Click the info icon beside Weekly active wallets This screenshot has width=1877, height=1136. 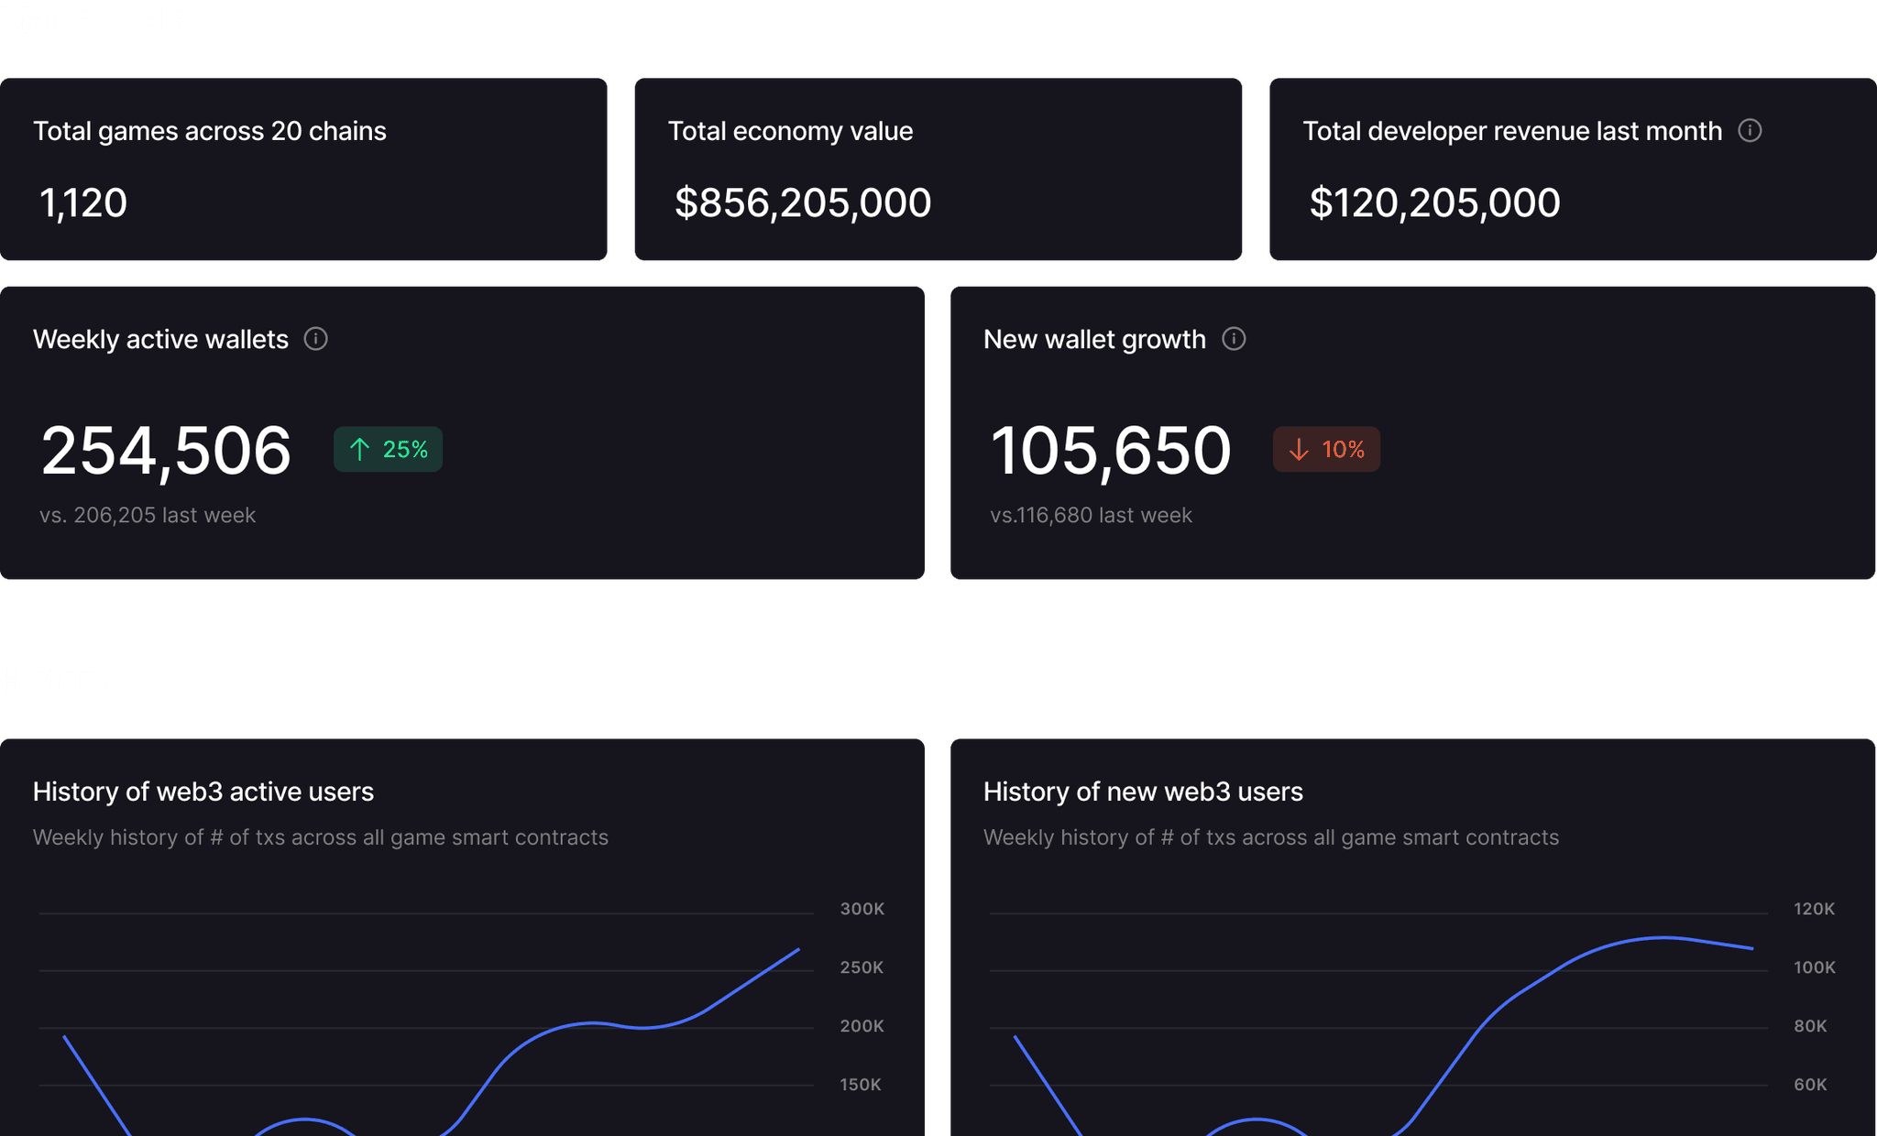pyautogui.click(x=316, y=339)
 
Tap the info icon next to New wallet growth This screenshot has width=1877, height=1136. pyautogui.click(x=1235, y=339)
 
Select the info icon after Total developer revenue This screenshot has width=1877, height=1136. pyautogui.click(x=1750, y=130)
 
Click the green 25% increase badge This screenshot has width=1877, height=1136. pyautogui.click(x=388, y=449)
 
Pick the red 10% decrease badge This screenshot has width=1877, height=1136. pyautogui.click(x=1326, y=449)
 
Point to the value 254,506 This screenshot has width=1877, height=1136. pyautogui.click(x=166, y=451)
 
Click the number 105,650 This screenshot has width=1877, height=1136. pyautogui.click(x=1110, y=451)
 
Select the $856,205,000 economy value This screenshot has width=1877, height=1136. pyautogui.click(x=803, y=202)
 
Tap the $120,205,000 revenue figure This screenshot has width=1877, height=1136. pyautogui.click(x=1434, y=202)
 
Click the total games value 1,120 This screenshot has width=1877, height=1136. pyautogui.click(x=83, y=202)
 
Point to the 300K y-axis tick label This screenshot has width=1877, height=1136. pyautogui.click(x=862, y=909)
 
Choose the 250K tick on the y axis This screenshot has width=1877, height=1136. pyautogui.click(x=862, y=967)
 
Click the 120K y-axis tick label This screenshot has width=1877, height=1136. pyautogui.click(x=1815, y=909)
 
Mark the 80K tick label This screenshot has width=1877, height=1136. pyautogui.click(x=1811, y=1026)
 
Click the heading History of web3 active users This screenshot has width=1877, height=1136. pyautogui.click(x=203, y=792)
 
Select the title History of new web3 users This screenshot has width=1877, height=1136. pyautogui.click(x=1143, y=792)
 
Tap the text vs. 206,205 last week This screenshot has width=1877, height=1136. pyautogui.click(x=148, y=515)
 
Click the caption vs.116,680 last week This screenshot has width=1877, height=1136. pyautogui.click(x=1091, y=515)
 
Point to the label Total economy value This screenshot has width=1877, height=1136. pyautogui.click(x=790, y=131)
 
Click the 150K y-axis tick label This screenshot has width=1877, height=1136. pyautogui.click(x=861, y=1085)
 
